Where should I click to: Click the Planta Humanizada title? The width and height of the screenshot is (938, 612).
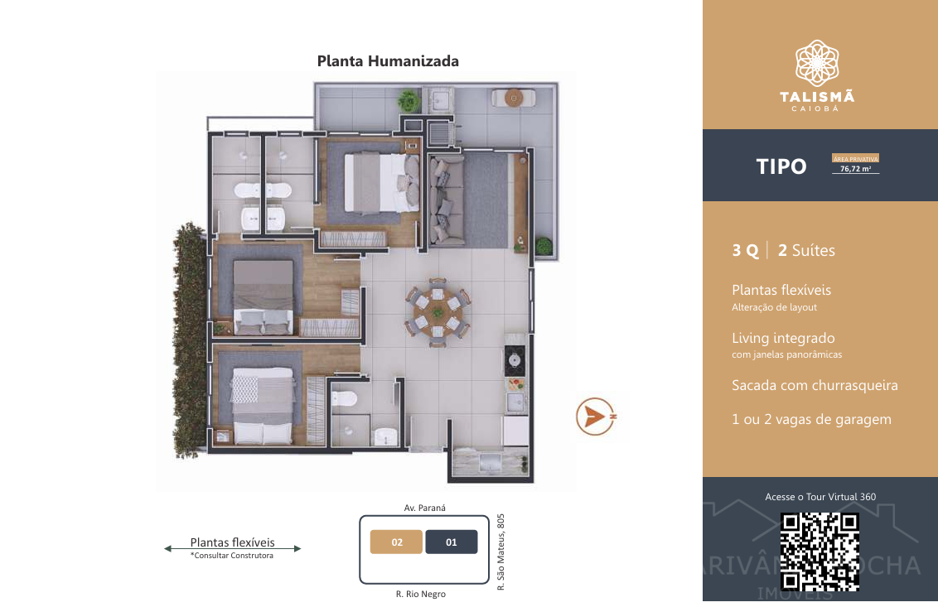tap(388, 61)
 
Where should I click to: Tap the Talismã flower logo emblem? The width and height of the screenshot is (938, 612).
tap(817, 63)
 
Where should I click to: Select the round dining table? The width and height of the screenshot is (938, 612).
tap(438, 311)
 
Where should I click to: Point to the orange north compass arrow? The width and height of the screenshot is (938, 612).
tap(595, 416)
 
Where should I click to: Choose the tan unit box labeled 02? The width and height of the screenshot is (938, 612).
tap(397, 542)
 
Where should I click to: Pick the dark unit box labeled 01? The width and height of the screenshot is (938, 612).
tap(452, 542)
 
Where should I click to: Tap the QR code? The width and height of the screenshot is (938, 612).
tap(820, 552)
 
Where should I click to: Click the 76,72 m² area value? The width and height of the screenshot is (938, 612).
tap(855, 169)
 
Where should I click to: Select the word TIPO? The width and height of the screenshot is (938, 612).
tap(781, 166)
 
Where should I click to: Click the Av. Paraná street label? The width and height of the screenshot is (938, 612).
tap(425, 508)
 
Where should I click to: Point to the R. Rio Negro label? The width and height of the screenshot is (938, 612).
tap(421, 594)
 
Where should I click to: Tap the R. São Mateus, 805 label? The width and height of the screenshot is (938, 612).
tap(501, 552)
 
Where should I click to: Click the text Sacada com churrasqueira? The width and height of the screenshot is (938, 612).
tap(815, 385)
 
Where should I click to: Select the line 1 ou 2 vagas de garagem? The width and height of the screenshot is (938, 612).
tap(812, 420)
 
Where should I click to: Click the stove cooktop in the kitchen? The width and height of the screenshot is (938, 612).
tap(515, 360)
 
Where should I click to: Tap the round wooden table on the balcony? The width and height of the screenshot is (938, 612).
tap(513, 98)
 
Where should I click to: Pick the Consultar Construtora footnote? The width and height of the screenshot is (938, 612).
tap(232, 556)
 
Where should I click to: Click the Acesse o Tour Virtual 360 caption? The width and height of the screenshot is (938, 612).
tap(820, 497)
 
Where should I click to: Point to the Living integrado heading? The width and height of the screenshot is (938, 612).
tap(783, 338)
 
